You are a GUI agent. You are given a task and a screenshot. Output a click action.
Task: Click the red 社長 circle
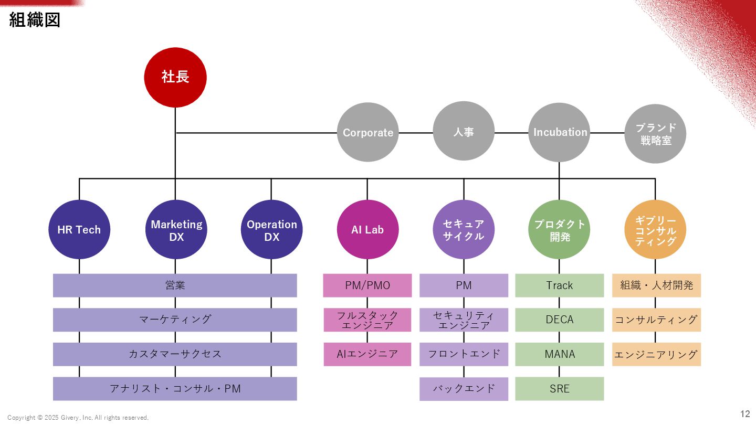tap(175, 77)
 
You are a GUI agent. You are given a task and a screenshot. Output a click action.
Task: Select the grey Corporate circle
tap(367, 132)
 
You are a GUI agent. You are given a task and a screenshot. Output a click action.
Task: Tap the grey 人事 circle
tap(464, 131)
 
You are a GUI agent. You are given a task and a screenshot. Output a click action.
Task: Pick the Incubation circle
tap(560, 132)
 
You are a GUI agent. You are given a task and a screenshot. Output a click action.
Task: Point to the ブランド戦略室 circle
tap(656, 133)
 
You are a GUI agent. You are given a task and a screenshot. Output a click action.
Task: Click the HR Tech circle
tap(79, 229)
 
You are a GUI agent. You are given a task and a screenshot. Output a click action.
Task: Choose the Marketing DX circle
tap(176, 229)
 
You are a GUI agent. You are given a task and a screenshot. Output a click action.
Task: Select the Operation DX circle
tap(271, 229)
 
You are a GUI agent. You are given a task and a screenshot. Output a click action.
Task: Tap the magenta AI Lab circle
tap(367, 229)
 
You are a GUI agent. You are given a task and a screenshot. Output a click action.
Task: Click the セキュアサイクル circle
tap(464, 229)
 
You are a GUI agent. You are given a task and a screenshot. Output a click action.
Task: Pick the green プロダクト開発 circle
tap(560, 229)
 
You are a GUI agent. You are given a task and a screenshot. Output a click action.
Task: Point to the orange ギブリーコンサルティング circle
tap(656, 229)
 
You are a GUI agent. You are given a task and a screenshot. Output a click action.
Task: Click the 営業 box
tap(175, 285)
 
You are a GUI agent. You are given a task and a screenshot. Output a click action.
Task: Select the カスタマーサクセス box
tap(175, 354)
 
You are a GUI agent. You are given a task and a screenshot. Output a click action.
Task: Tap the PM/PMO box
tap(367, 285)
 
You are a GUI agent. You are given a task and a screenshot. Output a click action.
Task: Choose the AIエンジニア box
tap(367, 354)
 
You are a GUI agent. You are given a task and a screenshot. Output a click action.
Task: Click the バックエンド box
tap(464, 389)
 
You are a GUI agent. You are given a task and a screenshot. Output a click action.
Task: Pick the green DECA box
tap(560, 320)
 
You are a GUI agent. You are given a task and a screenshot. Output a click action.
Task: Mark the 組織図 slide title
tap(35, 20)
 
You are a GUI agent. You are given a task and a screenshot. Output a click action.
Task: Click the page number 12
tap(745, 414)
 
